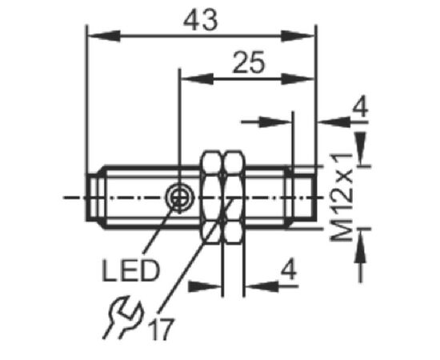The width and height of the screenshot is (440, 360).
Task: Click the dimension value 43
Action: click(x=200, y=20)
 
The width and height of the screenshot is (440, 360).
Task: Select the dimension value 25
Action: click(x=249, y=62)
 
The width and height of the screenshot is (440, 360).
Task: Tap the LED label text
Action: click(x=130, y=270)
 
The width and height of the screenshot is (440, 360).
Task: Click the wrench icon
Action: click(x=122, y=317)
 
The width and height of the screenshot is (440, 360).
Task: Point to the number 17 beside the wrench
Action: click(x=162, y=329)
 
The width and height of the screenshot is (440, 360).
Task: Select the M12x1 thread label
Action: click(x=342, y=198)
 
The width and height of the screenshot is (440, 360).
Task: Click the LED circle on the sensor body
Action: click(x=179, y=198)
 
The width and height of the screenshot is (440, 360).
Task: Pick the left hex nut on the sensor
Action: click(x=211, y=197)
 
